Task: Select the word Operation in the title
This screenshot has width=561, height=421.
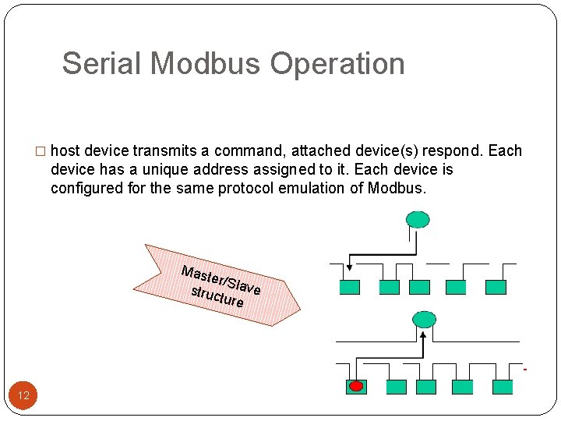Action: point(338,64)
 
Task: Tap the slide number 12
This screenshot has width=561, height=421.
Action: point(23,395)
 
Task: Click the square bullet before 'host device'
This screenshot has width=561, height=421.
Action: point(42,151)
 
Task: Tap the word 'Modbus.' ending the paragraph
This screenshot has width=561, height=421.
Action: point(397,188)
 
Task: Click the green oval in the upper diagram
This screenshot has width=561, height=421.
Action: point(418,219)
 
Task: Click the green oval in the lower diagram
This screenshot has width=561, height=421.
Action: point(425,318)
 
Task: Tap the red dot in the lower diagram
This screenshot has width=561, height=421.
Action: point(355,387)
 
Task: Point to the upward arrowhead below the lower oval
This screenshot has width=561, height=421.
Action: point(424,335)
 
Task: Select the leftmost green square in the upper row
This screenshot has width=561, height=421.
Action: point(349,287)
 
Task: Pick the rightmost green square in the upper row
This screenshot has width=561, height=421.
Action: point(496,287)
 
